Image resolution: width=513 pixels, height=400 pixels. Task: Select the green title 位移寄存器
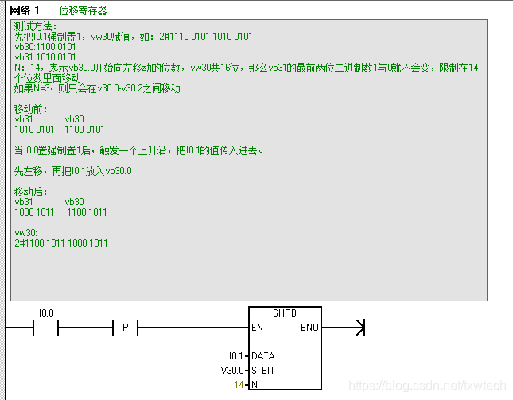pos(83,10)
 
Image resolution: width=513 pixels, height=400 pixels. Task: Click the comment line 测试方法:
pos(35,26)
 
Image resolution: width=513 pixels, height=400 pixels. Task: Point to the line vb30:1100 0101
pos(45,47)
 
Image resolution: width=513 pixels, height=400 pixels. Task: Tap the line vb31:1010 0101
pos(45,57)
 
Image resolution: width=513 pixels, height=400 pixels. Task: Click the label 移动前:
pos(32,109)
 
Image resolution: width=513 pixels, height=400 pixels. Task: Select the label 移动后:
pos(32,192)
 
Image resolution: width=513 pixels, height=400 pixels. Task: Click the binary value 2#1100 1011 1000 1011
pos(61,243)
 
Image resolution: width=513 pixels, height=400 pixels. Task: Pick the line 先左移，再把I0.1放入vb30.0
pos(73,171)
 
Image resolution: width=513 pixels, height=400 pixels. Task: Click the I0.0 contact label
pos(46,313)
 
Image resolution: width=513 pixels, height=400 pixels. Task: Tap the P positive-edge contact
pos(125,328)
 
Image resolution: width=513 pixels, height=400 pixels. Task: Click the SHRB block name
pos(284,313)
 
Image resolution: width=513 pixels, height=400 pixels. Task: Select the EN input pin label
pos(257,328)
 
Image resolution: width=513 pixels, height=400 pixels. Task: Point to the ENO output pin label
pos(309,328)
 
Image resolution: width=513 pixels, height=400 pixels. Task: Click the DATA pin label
pos(262,356)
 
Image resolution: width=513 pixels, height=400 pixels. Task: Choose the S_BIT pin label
pos(264,371)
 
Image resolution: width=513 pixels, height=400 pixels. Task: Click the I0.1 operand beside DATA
pos(236,356)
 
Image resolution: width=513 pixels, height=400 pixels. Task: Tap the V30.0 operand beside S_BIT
pos(232,371)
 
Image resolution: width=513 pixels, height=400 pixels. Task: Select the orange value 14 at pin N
pos(239,385)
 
